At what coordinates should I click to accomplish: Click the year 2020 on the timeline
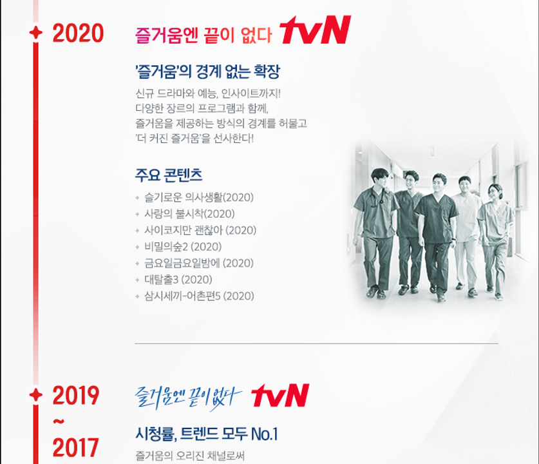click(x=78, y=33)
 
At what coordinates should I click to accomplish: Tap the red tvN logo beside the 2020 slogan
click(x=315, y=30)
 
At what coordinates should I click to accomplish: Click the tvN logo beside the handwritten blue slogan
click(x=280, y=395)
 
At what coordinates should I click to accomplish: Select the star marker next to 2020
click(x=36, y=33)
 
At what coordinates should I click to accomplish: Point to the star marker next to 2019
click(x=36, y=395)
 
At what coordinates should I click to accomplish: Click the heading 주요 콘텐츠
click(x=169, y=175)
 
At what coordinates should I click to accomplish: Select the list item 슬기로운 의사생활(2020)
click(x=199, y=197)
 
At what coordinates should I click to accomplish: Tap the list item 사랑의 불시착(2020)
click(x=189, y=214)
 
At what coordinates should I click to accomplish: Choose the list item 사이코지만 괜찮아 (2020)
click(x=200, y=230)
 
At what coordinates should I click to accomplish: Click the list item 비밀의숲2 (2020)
click(x=183, y=247)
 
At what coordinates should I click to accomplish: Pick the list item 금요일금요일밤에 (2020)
click(x=199, y=263)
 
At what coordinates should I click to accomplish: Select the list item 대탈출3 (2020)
click(x=178, y=279)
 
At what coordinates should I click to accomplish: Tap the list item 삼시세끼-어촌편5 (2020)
click(x=199, y=296)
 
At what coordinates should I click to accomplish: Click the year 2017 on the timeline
click(x=75, y=447)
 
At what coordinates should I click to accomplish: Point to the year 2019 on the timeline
click(x=75, y=395)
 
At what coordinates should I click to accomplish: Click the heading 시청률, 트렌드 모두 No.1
click(x=206, y=434)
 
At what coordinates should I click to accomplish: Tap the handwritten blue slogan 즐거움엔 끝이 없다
click(x=189, y=397)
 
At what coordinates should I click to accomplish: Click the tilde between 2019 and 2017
click(x=59, y=421)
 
